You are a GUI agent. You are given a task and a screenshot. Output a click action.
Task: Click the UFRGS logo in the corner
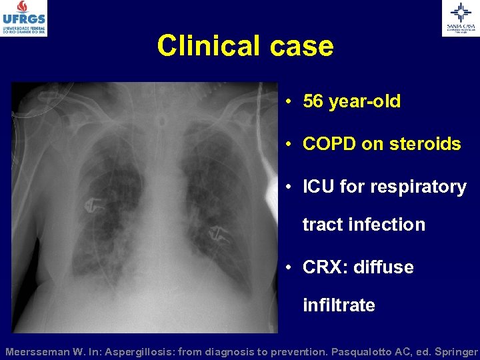tap(25, 18)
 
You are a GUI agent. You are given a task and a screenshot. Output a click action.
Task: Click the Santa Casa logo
tap(461, 18)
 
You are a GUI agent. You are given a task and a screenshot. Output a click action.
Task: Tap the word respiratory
tap(417, 187)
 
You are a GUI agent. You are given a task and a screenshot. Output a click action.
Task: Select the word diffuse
tap(383, 267)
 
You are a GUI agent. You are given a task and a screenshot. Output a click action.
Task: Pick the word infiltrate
tap(339, 305)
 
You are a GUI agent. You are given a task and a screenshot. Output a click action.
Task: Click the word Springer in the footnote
tap(454, 351)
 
